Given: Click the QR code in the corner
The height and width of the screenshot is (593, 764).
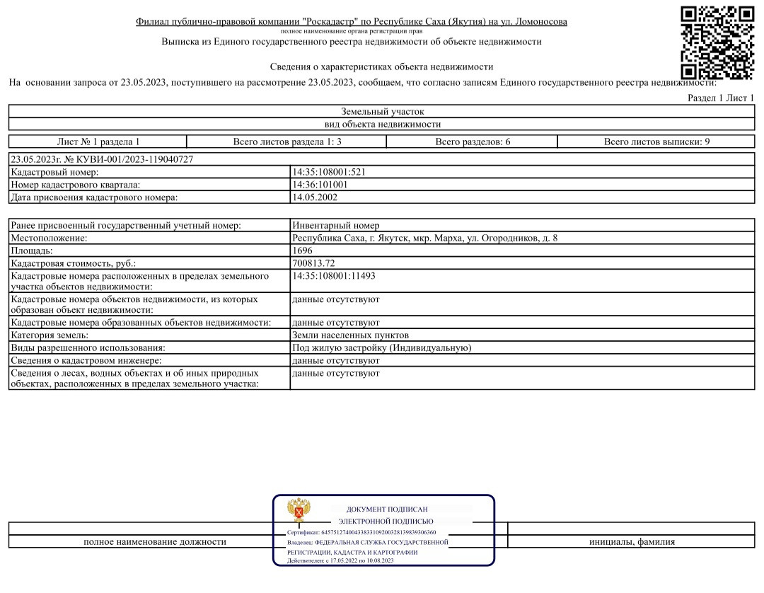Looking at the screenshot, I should tap(717, 42).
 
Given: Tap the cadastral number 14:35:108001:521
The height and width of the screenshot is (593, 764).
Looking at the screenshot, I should tap(328, 172).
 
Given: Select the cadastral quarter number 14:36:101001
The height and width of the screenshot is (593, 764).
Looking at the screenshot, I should tap(320, 185).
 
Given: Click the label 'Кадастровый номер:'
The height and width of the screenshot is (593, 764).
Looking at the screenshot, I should tap(54, 172).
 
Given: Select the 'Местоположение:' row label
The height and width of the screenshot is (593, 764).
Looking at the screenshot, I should tap(48, 238).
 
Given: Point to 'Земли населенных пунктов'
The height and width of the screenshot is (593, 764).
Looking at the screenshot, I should tap(350, 335).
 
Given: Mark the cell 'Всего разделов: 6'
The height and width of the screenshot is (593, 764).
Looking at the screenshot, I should tap(473, 142).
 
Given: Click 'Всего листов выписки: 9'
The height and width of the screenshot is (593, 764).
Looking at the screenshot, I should tap(656, 142).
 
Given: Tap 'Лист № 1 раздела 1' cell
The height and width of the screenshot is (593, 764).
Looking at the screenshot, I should tap(98, 142).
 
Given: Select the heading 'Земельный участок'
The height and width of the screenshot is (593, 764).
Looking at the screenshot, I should tap(382, 112).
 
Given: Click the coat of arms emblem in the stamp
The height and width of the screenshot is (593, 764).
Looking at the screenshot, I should tap(297, 511).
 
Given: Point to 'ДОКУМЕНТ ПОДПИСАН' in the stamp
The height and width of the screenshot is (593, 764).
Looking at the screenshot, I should tap(386, 509).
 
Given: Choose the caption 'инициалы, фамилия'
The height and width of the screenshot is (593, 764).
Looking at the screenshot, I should tap(632, 542).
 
